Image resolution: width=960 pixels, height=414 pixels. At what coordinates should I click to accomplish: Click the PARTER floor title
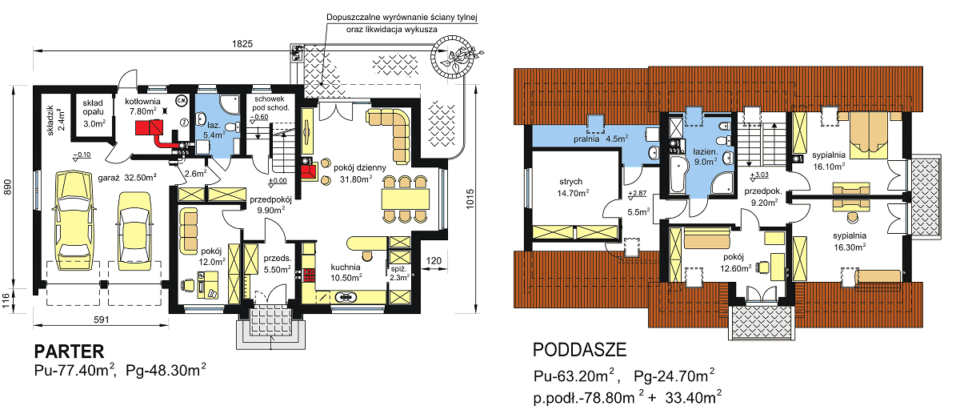(x=69, y=352)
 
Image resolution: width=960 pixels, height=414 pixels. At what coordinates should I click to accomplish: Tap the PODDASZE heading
(x=579, y=350)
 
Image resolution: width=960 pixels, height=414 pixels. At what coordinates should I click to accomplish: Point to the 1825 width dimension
(x=242, y=44)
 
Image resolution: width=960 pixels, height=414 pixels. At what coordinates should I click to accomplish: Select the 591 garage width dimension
(x=101, y=320)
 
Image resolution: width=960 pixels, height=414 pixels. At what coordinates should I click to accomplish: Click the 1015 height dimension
(x=470, y=199)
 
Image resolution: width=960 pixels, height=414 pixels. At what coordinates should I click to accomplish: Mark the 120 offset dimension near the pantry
(x=434, y=261)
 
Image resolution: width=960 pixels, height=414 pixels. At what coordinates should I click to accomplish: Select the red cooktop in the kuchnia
(x=309, y=275)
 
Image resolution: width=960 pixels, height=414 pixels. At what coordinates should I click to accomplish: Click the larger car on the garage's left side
(x=74, y=220)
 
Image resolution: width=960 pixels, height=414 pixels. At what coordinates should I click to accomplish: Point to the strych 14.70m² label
(x=573, y=187)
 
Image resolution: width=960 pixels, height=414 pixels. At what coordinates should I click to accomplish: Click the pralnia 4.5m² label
(x=601, y=139)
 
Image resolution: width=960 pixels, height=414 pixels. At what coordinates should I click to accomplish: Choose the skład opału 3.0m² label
(x=94, y=113)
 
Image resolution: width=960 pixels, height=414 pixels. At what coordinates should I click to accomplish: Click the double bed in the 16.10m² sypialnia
(x=869, y=135)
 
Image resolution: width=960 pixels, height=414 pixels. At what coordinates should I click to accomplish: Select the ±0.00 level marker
(x=278, y=181)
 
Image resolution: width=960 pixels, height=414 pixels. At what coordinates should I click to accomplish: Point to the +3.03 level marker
(x=759, y=175)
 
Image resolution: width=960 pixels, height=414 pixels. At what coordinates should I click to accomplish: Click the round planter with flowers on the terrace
(x=454, y=56)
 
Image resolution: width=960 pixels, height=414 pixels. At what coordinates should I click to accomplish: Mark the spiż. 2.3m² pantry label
(x=399, y=273)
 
